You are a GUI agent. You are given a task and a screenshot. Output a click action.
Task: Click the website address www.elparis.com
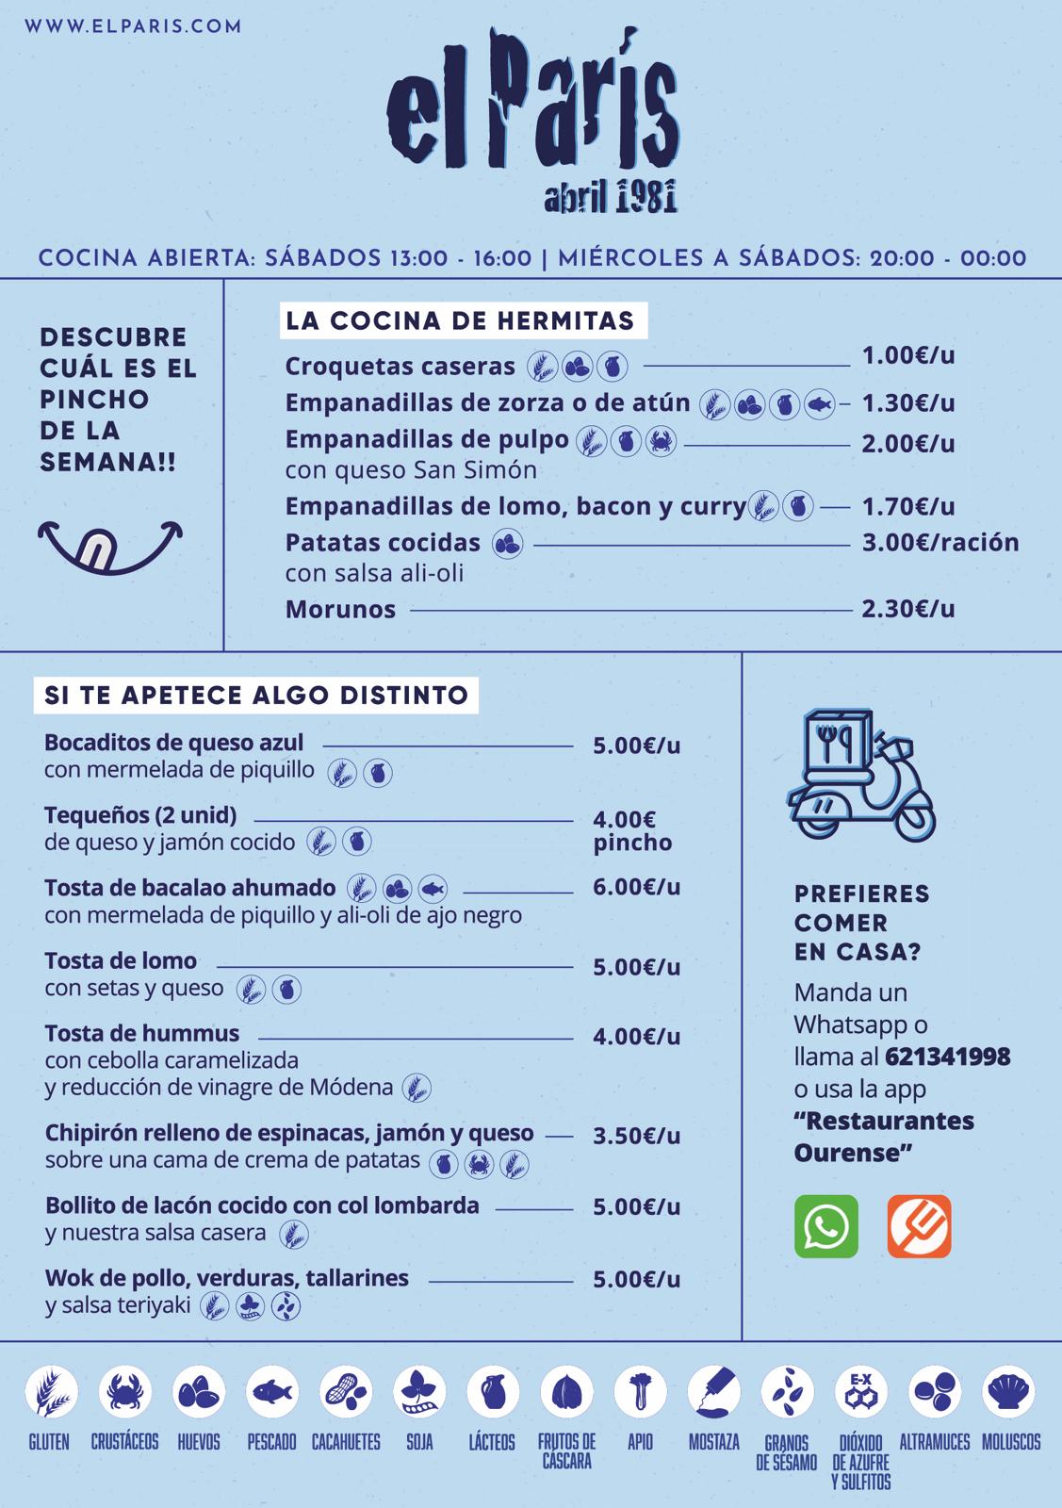[x=133, y=26]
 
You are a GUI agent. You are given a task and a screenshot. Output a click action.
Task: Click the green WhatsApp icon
[x=826, y=1226]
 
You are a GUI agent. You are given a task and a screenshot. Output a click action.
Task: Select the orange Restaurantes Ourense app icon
[x=919, y=1226]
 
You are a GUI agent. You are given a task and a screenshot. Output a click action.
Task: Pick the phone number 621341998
[x=947, y=1057]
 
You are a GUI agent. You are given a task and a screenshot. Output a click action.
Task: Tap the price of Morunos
[x=908, y=609]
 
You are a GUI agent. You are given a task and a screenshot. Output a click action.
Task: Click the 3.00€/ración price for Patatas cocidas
[x=940, y=543]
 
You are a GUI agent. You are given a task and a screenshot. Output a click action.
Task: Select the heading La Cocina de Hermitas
[x=460, y=320]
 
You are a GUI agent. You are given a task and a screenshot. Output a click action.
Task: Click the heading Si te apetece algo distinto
[x=256, y=696]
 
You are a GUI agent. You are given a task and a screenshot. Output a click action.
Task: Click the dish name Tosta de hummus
[x=142, y=1034]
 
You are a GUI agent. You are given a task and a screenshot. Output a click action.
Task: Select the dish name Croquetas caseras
[x=400, y=366]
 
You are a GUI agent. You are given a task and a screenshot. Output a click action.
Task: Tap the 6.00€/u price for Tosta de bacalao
[x=636, y=887]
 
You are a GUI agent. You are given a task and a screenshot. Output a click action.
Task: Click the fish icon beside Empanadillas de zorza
[x=820, y=404]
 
